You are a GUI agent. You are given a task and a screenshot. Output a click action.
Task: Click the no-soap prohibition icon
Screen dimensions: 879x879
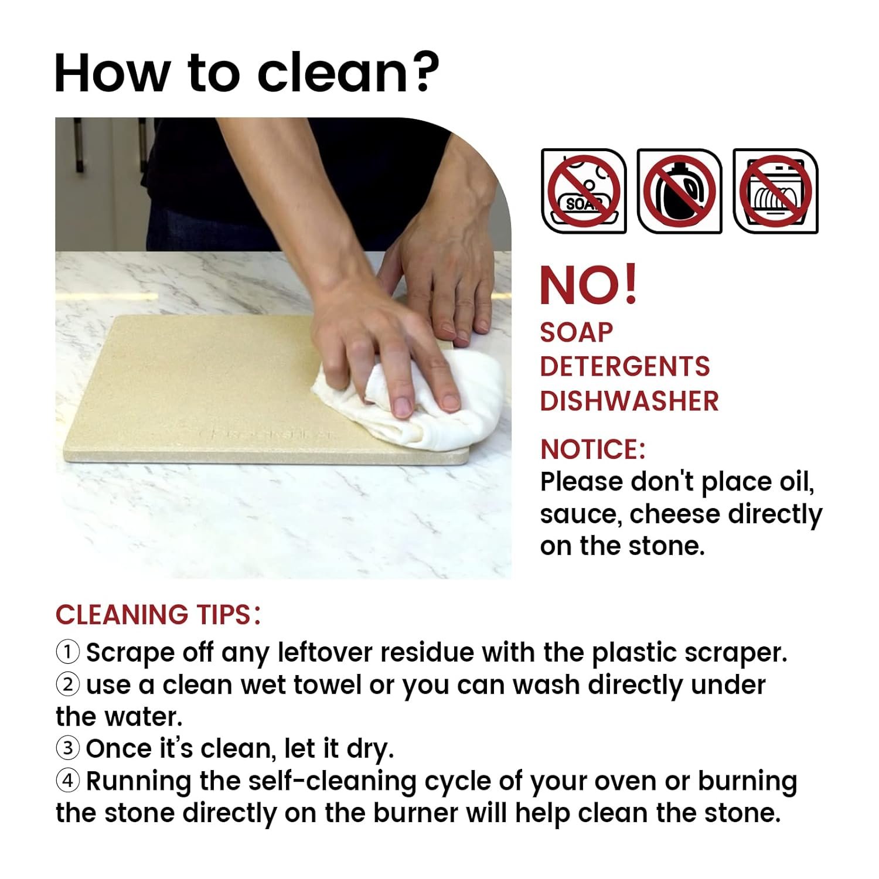[584, 191]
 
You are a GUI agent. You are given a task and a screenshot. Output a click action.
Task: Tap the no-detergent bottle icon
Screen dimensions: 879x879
[679, 191]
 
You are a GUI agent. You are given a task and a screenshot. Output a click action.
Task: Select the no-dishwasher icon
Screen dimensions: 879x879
[775, 191]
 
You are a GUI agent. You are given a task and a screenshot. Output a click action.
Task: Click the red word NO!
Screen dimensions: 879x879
[588, 285]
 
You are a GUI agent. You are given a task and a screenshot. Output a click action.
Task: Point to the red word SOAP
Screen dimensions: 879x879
[576, 333]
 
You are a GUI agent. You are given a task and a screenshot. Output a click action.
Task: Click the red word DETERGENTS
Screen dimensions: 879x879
[625, 367]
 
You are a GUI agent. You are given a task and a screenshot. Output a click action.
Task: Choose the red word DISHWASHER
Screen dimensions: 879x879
[629, 401]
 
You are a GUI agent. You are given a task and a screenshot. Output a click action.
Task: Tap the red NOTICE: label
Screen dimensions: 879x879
[592, 449]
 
